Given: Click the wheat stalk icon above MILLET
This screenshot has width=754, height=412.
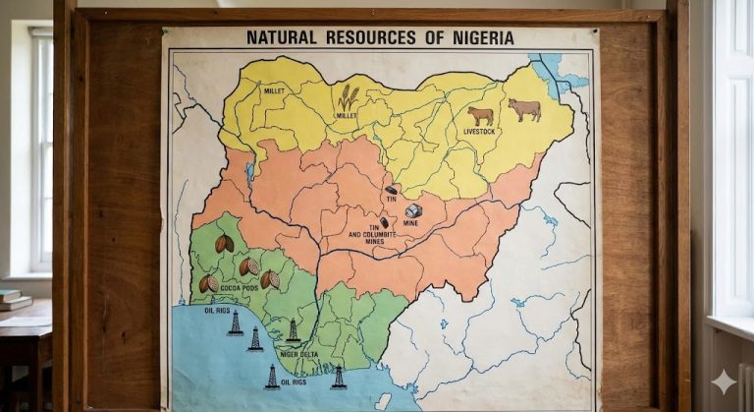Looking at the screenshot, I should [348, 97].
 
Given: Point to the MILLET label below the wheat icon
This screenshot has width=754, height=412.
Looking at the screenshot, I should [347, 116].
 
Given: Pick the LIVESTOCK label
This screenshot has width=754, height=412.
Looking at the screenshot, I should [480, 132].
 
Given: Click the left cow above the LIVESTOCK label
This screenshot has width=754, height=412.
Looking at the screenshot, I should [480, 115].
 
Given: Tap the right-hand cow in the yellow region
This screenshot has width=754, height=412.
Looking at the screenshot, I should [524, 109].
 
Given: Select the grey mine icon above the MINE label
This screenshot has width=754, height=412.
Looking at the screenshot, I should [413, 210].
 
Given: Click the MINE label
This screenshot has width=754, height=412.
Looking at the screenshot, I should [410, 224].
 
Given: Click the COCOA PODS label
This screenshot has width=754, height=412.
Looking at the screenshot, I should [240, 288].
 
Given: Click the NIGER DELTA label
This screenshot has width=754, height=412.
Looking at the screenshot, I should [298, 354].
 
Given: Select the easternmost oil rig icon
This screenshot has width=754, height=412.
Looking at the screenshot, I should [339, 377].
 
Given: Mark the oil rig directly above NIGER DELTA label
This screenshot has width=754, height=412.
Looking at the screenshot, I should [293, 331].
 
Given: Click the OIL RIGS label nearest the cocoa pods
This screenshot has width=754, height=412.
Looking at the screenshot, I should [216, 310].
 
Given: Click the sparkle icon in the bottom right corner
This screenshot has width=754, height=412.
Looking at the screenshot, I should [724, 382].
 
